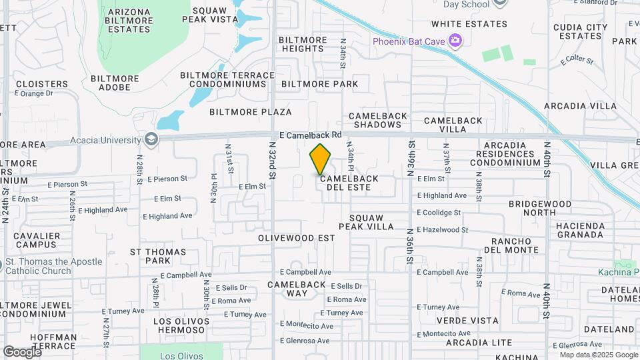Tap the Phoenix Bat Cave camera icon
(455, 41)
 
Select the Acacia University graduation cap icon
(151, 139)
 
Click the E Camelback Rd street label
(310, 135)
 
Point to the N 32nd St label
(272, 160)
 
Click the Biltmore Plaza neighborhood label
(250, 111)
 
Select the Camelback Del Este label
(353, 183)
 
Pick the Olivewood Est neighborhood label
(296, 237)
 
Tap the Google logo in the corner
(22, 351)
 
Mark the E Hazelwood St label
(443, 229)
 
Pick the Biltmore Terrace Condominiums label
(228, 79)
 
